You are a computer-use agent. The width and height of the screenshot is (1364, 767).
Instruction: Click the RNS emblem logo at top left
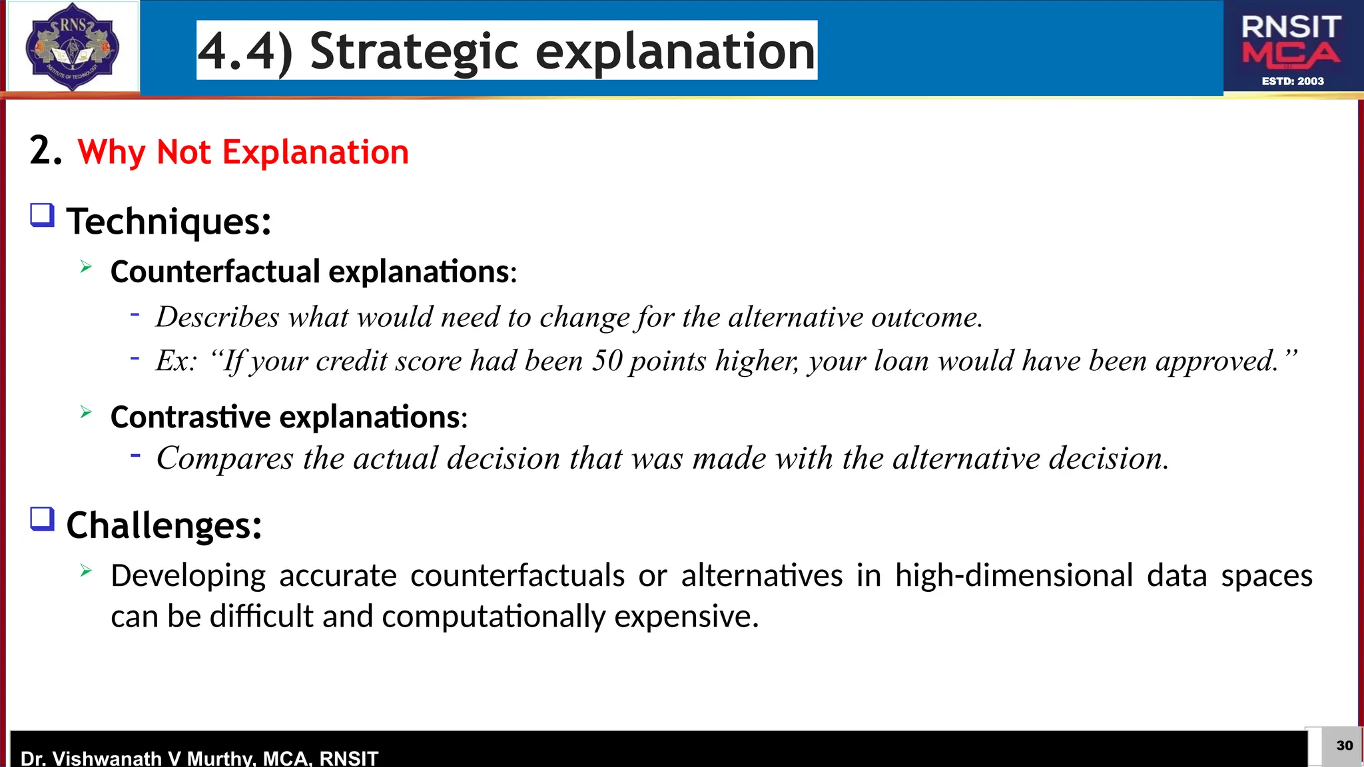[x=72, y=47]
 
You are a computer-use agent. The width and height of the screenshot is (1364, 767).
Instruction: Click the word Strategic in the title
[x=414, y=51]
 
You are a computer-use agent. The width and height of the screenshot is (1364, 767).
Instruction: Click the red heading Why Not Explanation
[x=243, y=152]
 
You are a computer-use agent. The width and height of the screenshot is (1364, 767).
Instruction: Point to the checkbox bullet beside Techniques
[x=42, y=216]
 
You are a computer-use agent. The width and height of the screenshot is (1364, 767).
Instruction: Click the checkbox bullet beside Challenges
[x=42, y=519]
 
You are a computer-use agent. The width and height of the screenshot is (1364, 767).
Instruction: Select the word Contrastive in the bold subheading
[x=190, y=417]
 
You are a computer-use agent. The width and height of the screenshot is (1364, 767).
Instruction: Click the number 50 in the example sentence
[x=607, y=361]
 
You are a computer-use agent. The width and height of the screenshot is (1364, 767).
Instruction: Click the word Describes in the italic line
[x=217, y=317]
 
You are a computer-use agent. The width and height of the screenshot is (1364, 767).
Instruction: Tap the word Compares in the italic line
[x=224, y=459]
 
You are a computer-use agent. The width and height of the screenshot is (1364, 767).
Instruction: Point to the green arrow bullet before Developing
[x=86, y=571]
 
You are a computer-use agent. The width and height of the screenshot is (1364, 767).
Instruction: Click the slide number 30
[x=1344, y=746]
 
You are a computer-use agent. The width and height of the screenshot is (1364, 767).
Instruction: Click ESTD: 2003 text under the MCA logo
[x=1292, y=81]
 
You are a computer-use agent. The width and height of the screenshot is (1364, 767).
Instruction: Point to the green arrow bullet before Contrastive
[x=86, y=412]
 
